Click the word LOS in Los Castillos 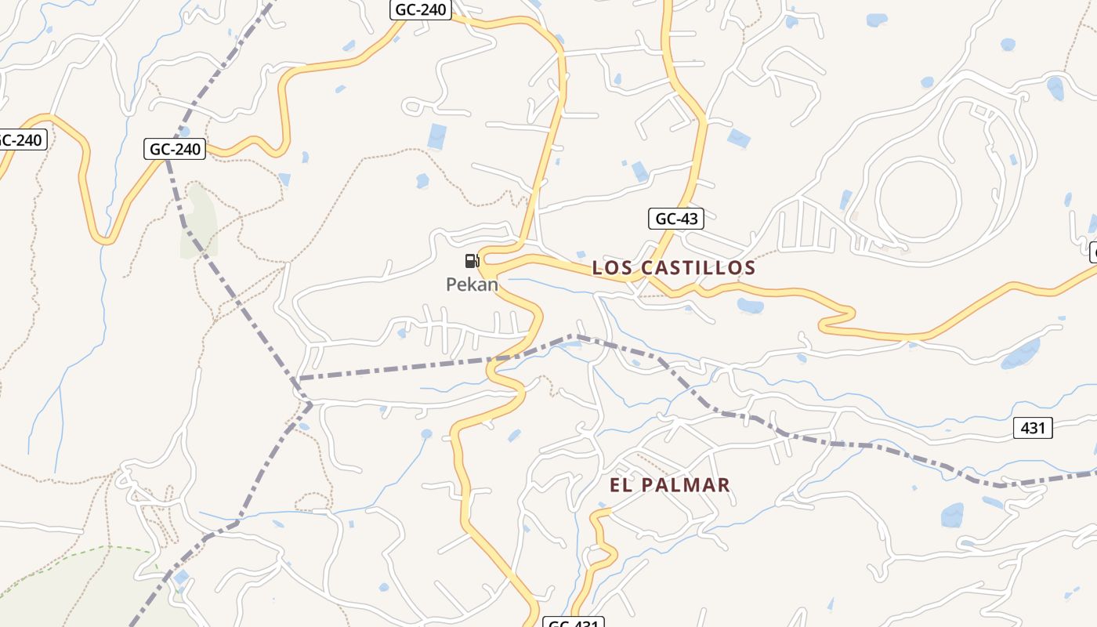(x=610, y=268)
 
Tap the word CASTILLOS (x=698, y=268)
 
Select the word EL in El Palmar (x=620, y=485)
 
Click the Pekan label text (x=472, y=285)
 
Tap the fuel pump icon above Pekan (x=472, y=261)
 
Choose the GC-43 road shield (x=675, y=219)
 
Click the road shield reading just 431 (x=1034, y=428)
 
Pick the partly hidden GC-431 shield (x=574, y=622)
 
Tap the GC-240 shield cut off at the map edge (x=22, y=140)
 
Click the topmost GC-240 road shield (x=421, y=9)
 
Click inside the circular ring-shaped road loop (x=918, y=198)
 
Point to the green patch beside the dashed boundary (x=198, y=223)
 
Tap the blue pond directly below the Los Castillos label (x=750, y=306)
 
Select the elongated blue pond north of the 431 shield (x=1020, y=354)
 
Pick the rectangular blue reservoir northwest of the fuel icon (x=436, y=136)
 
